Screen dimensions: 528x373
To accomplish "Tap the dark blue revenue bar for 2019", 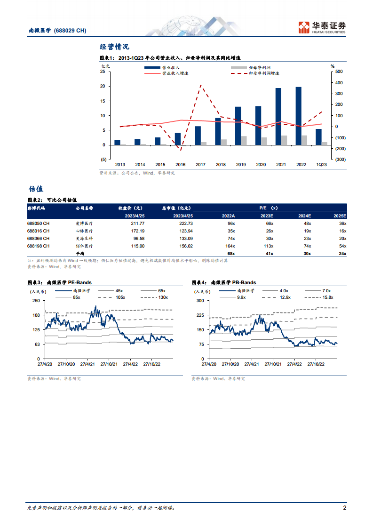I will (238, 126).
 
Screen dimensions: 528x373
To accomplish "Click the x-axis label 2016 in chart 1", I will (181, 165).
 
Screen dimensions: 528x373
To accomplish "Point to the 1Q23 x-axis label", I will (321, 165).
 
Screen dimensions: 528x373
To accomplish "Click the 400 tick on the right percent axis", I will (339, 83).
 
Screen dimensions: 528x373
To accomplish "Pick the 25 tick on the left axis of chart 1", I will (103, 72).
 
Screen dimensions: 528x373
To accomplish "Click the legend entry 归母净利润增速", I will (264, 73).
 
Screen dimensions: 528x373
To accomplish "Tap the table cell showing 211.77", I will (135, 224).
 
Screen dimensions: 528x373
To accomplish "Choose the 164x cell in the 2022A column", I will (229, 246).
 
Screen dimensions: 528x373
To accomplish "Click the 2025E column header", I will (339, 216).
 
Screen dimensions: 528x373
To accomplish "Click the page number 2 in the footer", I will (344, 508).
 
